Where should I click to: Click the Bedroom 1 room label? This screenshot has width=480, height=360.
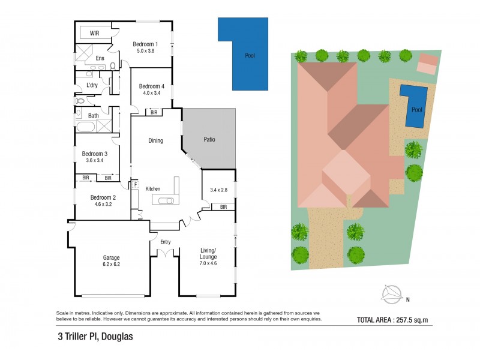point(145,44)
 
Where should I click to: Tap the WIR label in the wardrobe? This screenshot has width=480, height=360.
point(94,33)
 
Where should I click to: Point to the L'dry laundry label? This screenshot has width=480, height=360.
point(92,85)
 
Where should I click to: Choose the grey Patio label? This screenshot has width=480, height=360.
point(209,140)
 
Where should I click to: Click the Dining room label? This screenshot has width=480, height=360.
point(155,140)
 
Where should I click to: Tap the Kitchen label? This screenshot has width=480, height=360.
point(153,189)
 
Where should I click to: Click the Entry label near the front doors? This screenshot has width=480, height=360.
point(165,242)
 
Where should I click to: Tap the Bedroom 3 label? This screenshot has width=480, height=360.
point(94,154)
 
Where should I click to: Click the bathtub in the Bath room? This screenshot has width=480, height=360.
point(85,127)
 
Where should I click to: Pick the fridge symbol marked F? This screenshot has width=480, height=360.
point(136,184)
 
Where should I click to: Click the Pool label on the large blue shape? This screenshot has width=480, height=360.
point(250,56)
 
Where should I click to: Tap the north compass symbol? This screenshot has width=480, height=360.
point(392,293)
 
